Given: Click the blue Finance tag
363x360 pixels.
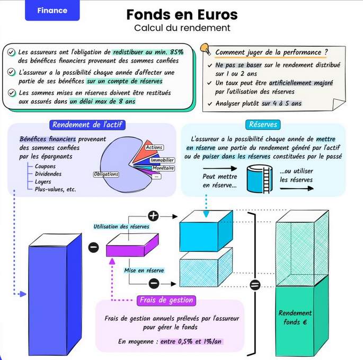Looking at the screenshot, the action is click(52, 11).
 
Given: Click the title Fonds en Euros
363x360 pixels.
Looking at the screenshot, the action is click(182, 14).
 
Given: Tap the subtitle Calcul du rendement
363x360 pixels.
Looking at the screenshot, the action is click(182, 28).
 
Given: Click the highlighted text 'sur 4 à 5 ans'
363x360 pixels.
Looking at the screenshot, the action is click(281, 103).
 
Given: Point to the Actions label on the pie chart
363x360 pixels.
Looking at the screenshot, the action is click(154, 147).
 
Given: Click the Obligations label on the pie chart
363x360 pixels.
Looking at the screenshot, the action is click(106, 174).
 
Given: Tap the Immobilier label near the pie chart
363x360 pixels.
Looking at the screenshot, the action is click(162, 160).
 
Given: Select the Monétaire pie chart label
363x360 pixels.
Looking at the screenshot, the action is click(163, 168).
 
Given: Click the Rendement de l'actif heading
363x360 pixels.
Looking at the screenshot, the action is click(88, 125).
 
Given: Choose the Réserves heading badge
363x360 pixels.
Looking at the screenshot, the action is click(263, 125).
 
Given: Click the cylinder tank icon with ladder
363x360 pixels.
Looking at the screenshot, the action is click(259, 179).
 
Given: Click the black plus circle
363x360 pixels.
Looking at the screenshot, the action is click(153, 216).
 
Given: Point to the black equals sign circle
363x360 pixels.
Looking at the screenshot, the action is click(255, 285).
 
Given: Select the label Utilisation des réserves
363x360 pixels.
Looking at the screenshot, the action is click(121, 226).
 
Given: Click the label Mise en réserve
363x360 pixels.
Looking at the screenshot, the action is click(144, 270).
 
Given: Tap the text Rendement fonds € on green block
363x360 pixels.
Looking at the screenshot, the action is click(295, 317).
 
